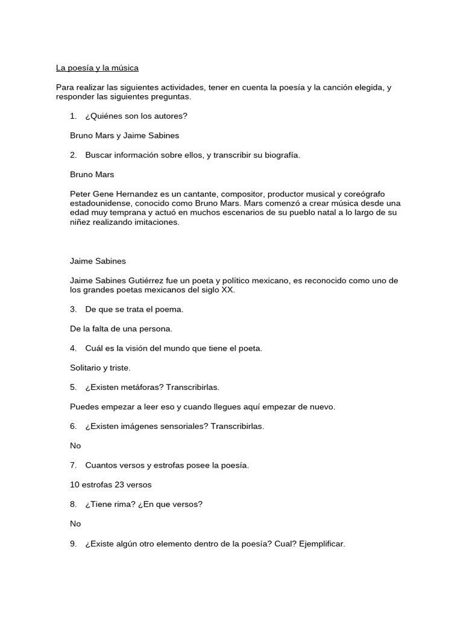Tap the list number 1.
73,116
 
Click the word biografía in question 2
280,155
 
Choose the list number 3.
73,310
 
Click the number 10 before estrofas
75,484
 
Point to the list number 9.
73,543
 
